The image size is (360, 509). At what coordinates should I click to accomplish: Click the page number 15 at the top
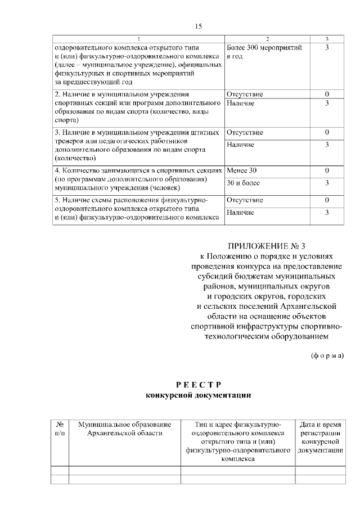point(197,26)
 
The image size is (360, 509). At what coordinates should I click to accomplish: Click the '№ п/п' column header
point(59,428)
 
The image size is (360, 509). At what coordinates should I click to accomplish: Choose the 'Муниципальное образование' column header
point(124,428)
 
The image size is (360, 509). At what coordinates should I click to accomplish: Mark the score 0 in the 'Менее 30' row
point(327,170)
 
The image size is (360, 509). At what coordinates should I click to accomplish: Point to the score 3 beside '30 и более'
point(327,183)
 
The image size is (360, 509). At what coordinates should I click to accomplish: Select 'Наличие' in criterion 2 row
point(240,103)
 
